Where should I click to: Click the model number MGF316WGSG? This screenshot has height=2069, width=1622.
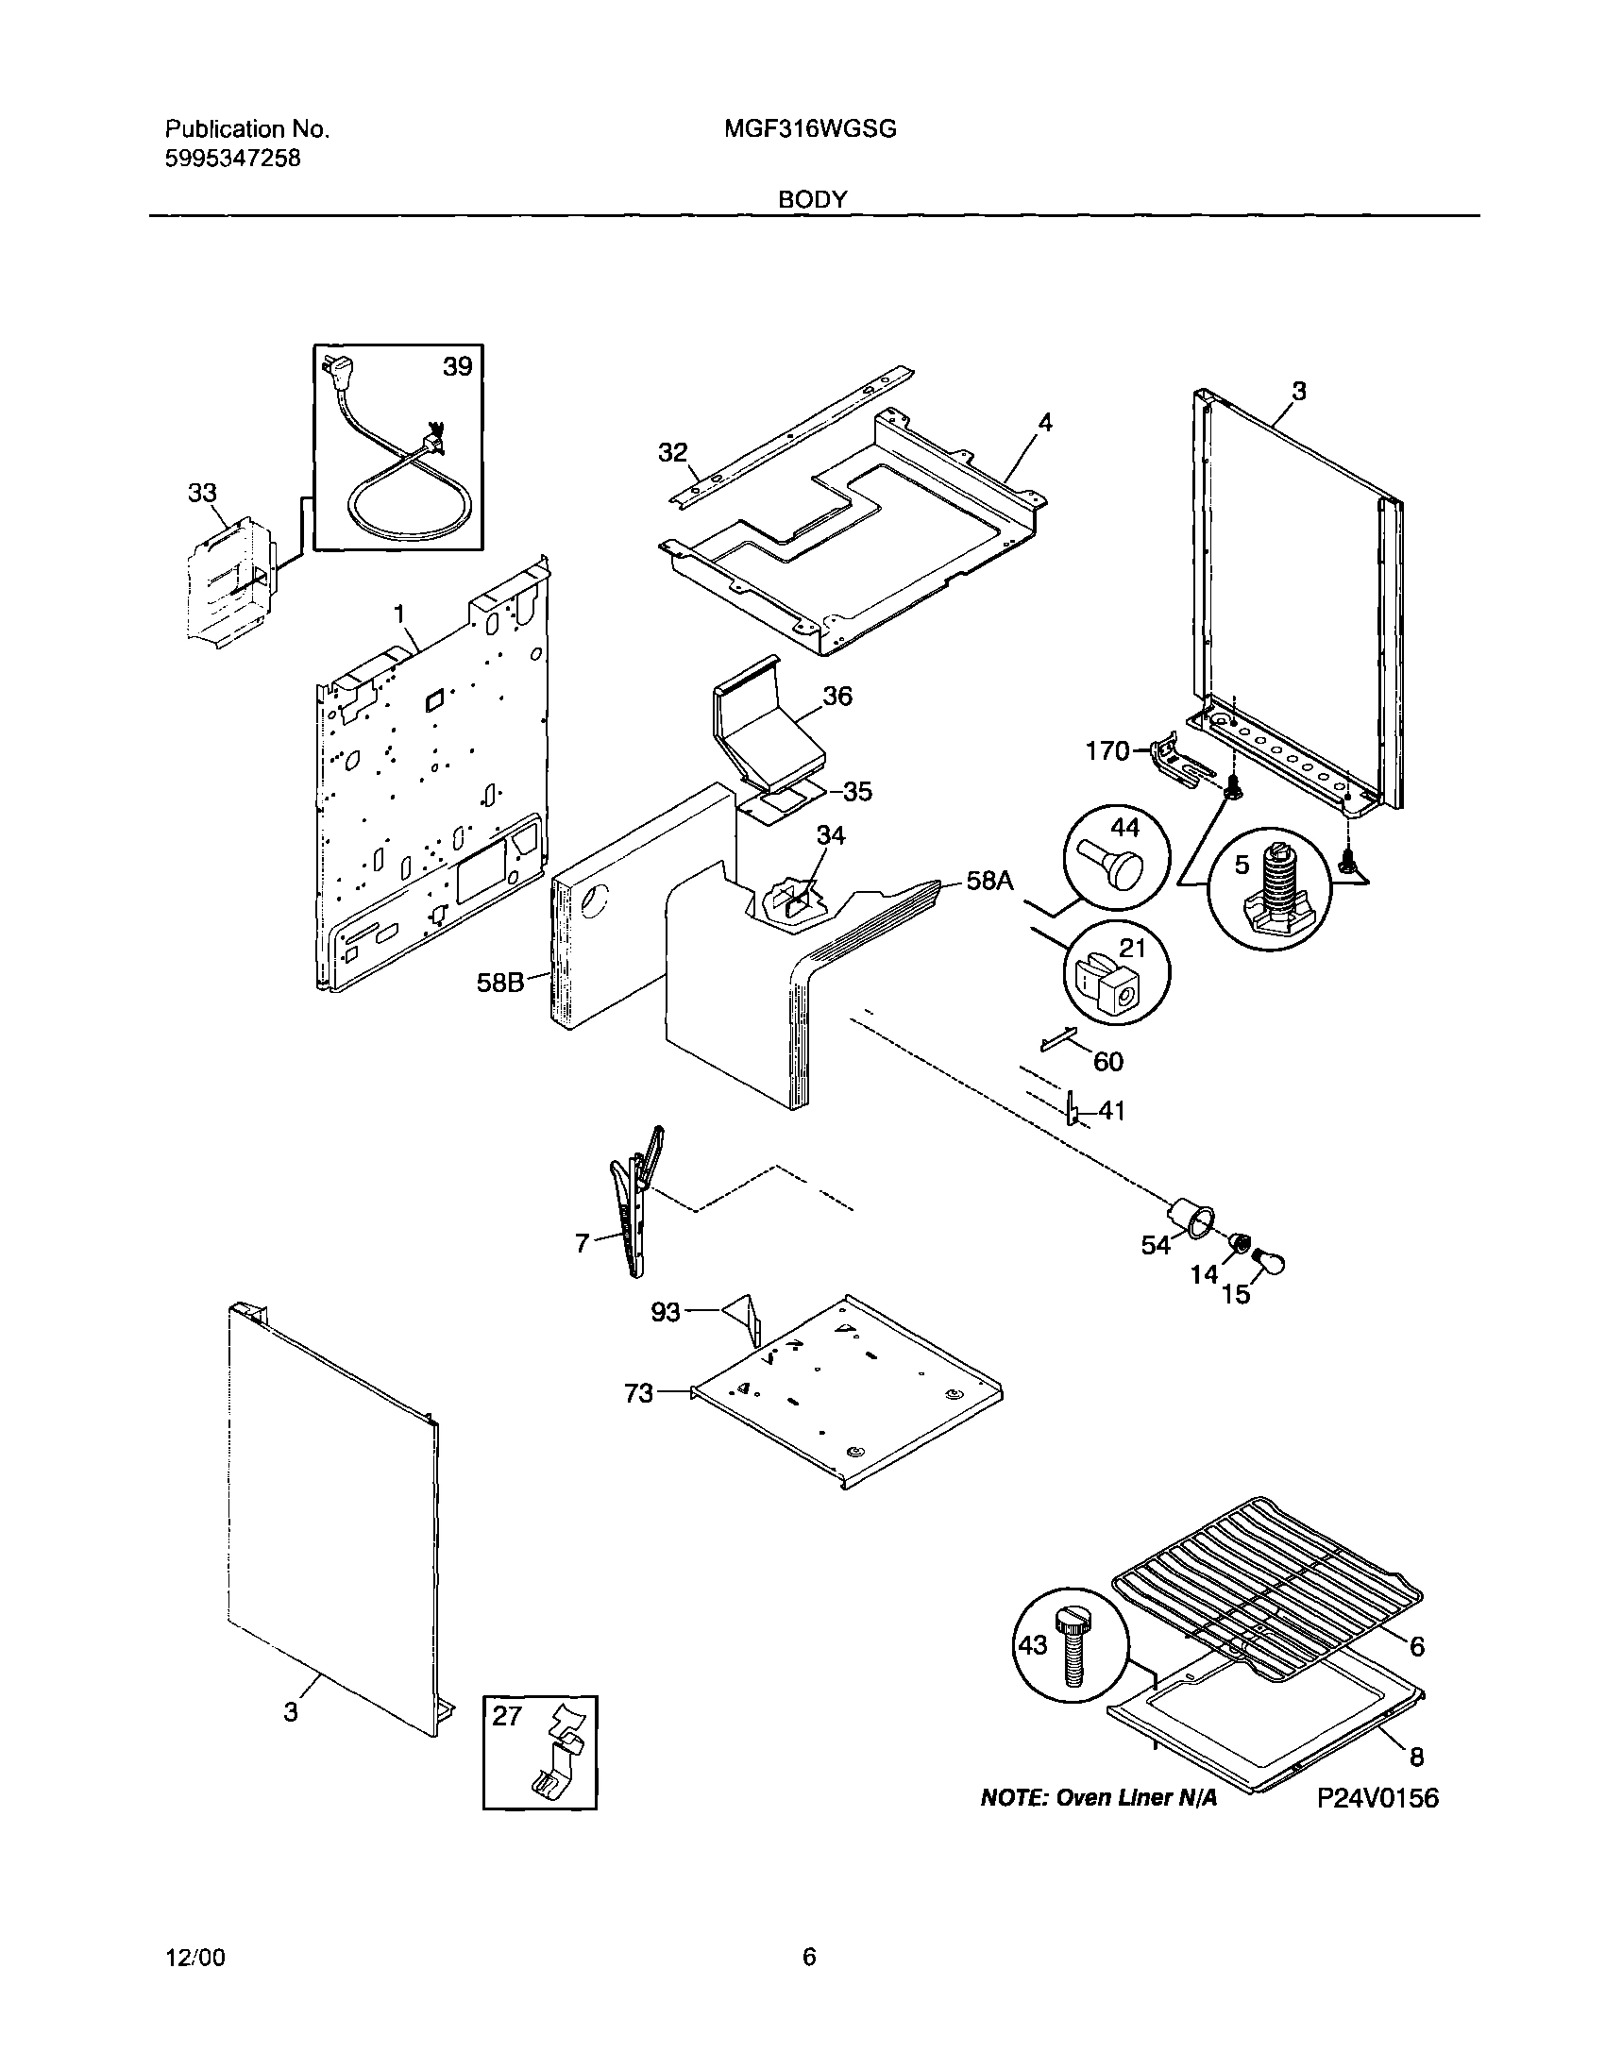pyautogui.click(x=809, y=129)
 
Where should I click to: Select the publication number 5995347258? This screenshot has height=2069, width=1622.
pyautogui.click(x=232, y=158)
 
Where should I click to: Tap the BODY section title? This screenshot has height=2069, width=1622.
pyautogui.click(x=812, y=199)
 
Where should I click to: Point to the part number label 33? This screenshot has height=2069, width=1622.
pyautogui.click(x=202, y=493)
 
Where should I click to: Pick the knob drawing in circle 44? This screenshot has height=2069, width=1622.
pyautogui.click(x=1116, y=862)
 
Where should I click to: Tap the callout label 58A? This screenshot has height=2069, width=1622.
pyautogui.click(x=989, y=882)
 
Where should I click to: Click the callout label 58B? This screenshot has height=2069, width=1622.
pyautogui.click(x=500, y=982)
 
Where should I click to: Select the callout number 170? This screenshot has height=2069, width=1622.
pyautogui.click(x=1107, y=751)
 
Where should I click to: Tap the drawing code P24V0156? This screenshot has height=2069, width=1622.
pyautogui.click(x=1377, y=1798)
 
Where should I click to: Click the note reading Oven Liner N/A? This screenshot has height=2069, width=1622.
pyautogui.click(x=1098, y=1798)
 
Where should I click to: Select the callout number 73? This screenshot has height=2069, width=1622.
pyautogui.click(x=638, y=1393)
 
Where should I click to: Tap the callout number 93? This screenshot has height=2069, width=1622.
pyautogui.click(x=665, y=1312)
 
